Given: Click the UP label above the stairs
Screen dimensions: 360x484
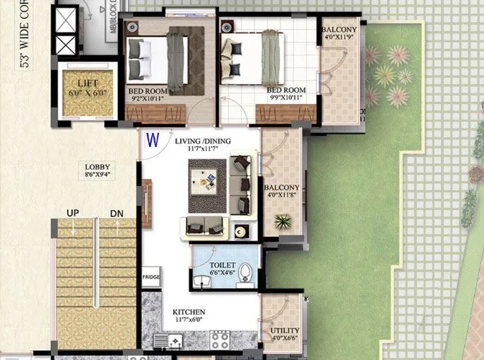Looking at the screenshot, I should [x=72, y=213].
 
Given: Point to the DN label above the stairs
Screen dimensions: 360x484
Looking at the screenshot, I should [x=117, y=213].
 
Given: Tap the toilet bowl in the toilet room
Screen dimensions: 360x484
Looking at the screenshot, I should [x=245, y=273].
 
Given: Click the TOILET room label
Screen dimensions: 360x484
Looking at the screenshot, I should [x=223, y=265].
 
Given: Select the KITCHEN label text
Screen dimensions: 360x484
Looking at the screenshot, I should [x=189, y=312].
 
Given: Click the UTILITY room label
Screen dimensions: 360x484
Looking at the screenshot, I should [x=284, y=330].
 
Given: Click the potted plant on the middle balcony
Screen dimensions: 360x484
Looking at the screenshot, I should [x=283, y=223].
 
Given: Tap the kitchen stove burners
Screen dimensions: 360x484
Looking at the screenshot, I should [x=220, y=340].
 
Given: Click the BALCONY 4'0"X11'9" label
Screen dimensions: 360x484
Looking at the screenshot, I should [x=339, y=33].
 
